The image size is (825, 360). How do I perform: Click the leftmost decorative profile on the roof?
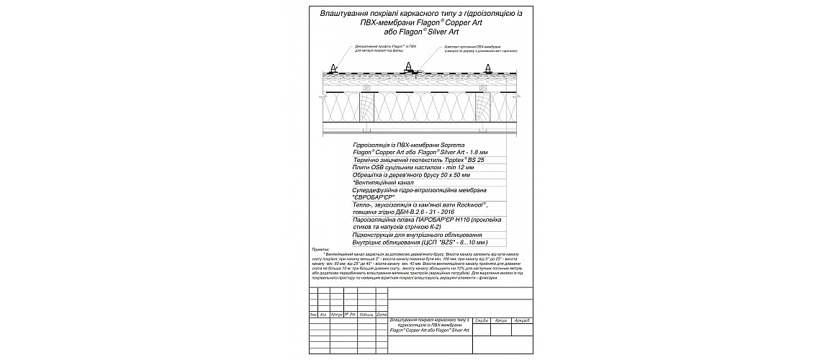tap(333, 70)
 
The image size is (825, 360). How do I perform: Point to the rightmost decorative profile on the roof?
tap(489, 70)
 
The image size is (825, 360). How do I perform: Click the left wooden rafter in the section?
tap(366, 107)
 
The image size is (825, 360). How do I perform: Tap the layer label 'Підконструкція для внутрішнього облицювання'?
tap(418, 235)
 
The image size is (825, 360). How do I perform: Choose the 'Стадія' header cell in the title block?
tap(482, 319)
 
